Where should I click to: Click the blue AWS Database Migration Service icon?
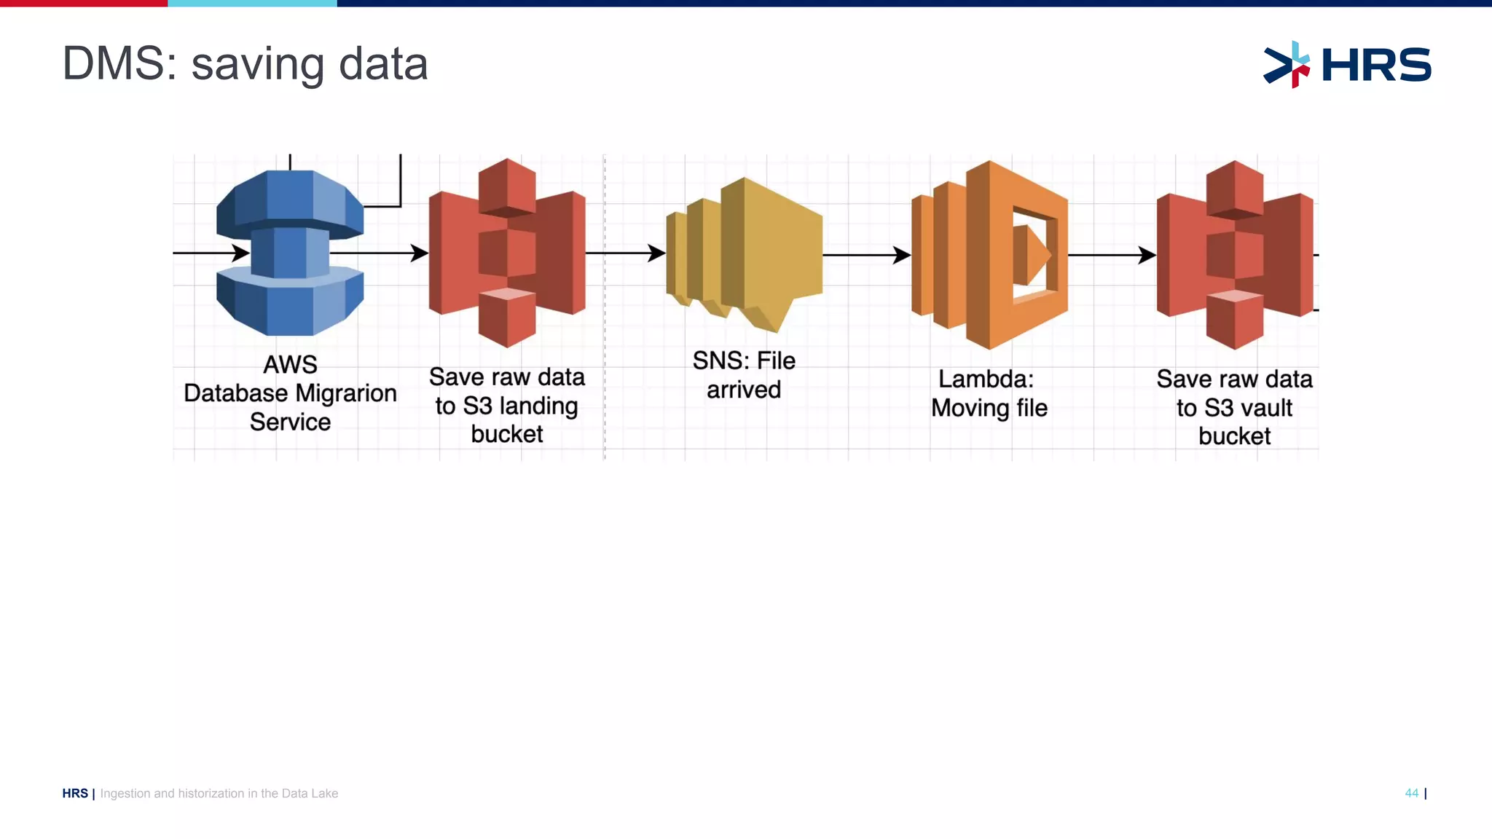(x=290, y=253)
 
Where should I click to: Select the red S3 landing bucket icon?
(x=507, y=253)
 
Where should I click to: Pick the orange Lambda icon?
(x=989, y=255)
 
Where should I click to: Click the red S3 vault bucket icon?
(x=1235, y=255)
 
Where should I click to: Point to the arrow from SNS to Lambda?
(x=867, y=255)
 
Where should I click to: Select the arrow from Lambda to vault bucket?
(x=1112, y=255)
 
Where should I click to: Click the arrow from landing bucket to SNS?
(x=625, y=253)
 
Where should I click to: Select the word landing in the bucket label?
(x=538, y=406)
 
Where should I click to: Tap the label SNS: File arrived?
(x=744, y=375)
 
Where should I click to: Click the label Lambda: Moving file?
(x=989, y=393)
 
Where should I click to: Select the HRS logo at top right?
(x=1347, y=65)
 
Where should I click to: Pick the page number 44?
(x=1411, y=793)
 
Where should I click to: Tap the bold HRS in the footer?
(x=75, y=793)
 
